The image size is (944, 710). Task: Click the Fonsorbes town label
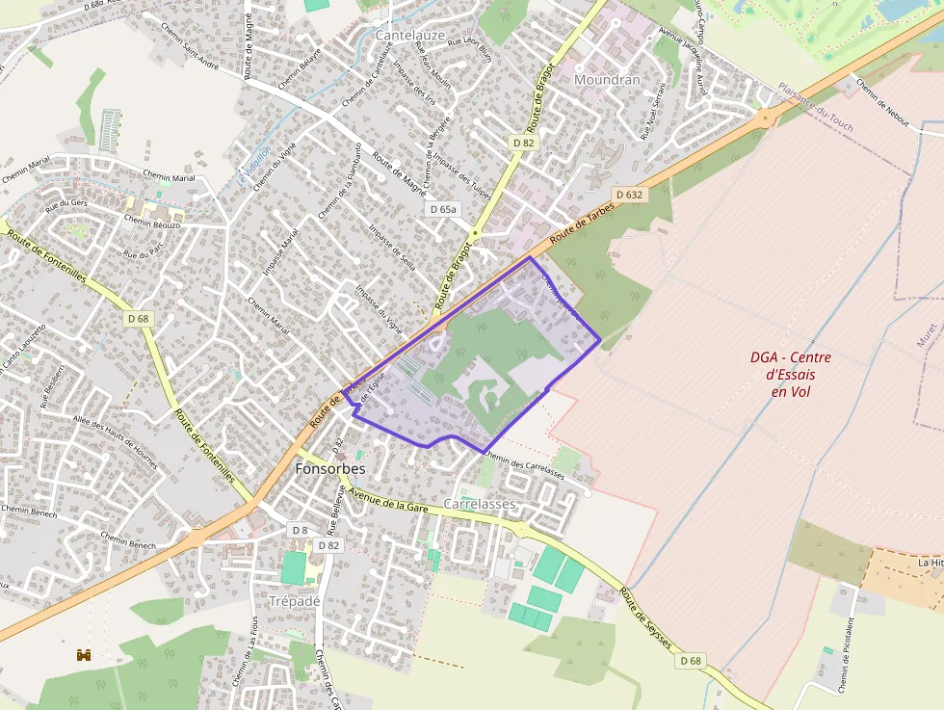point(330,469)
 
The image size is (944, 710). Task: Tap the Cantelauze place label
point(409,35)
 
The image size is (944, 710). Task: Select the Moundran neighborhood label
point(607,80)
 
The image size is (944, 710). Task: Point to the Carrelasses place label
point(481,505)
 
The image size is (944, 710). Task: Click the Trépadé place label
point(294,600)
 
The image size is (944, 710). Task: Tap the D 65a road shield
point(443,208)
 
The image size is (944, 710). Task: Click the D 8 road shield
point(300,530)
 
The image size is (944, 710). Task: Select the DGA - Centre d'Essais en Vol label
point(790,374)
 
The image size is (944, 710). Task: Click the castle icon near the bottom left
point(84,655)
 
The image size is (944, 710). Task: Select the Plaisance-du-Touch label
point(815,106)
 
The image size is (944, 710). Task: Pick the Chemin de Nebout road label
point(881,102)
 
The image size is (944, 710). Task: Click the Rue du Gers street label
point(66,205)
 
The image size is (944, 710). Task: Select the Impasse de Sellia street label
point(392,247)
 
